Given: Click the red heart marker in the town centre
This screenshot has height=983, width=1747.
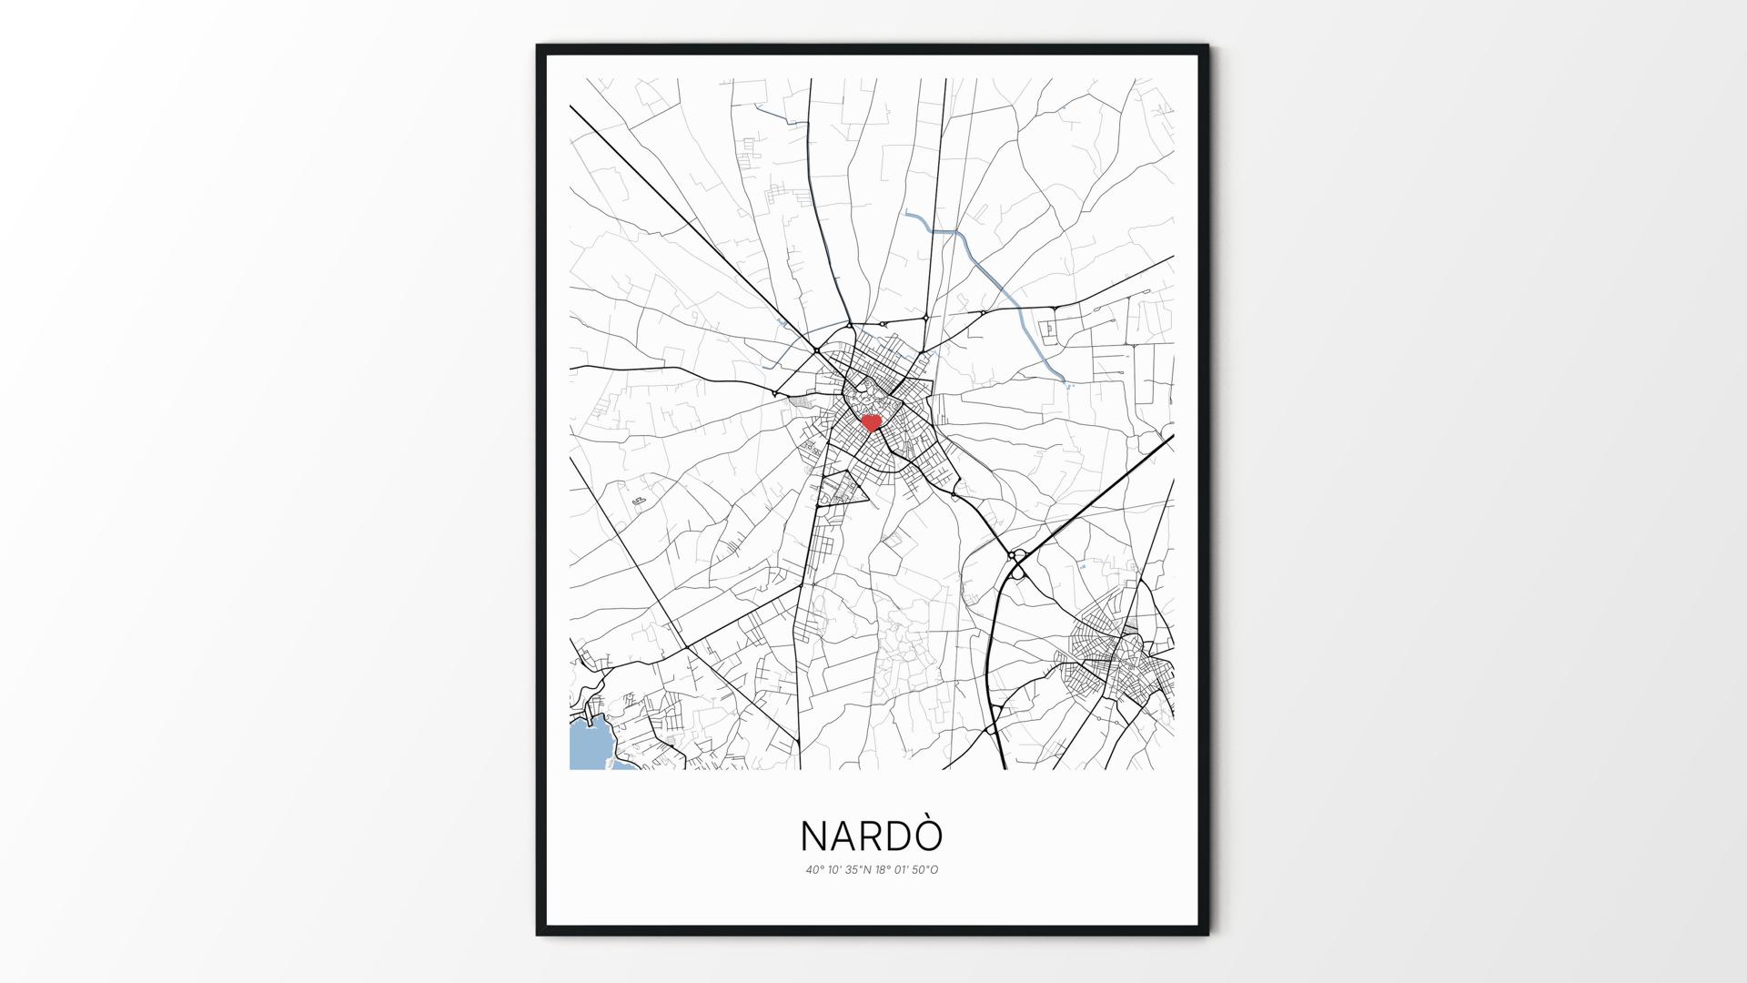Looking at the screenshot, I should click(872, 422).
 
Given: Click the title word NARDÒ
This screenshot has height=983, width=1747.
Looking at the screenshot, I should click(871, 836).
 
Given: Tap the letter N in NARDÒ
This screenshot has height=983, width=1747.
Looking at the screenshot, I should click(814, 836).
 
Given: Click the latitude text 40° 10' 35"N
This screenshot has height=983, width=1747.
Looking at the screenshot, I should click(837, 869).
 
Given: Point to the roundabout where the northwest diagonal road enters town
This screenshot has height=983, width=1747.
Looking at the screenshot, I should click(817, 350).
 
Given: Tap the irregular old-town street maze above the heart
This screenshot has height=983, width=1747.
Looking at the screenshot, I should click(869, 397).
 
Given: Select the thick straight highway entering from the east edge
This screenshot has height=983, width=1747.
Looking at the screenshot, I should click(1092, 496).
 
